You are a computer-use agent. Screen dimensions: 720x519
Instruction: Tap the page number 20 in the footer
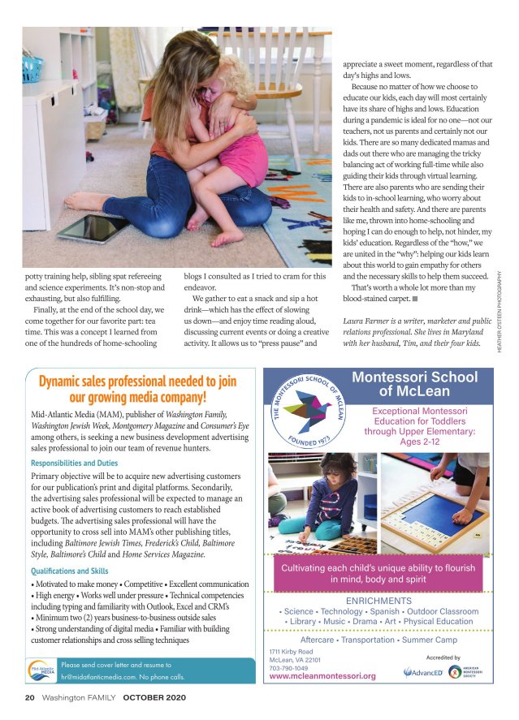tap(28, 697)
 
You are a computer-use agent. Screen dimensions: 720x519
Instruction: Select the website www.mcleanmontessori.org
tap(322, 675)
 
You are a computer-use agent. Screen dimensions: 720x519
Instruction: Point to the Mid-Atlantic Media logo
tap(41, 670)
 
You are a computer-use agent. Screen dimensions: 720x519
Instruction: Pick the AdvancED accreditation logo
tap(422, 673)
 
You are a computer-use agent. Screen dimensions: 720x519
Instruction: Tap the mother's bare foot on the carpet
tap(83, 201)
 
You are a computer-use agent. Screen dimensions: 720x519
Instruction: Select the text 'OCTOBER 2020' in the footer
tap(151, 697)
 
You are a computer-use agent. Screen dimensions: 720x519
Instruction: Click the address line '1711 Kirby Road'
tap(291, 651)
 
